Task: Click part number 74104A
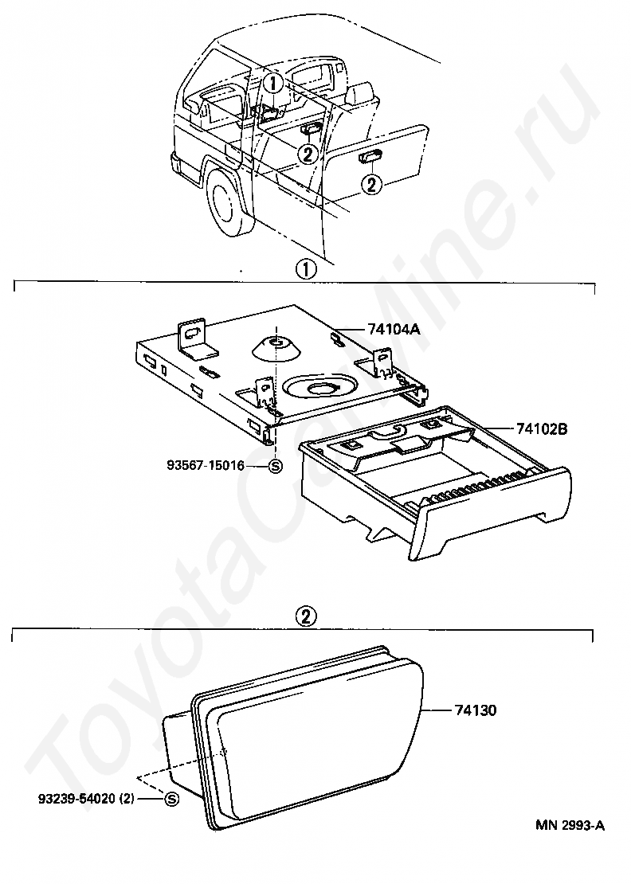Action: pyautogui.click(x=393, y=329)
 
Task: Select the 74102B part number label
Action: pyautogui.click(x=541, y=429)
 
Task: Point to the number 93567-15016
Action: pyautogui.click(x=206, y=465)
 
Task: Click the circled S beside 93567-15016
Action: pyautogui.click(x=275, y=466)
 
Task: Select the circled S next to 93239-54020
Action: pyautogui.click(x=170, y=798)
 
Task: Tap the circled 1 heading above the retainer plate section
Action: pyautogui.click(x=306, y=268)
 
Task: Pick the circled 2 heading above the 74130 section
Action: pyautogui.click(x=306, y=616)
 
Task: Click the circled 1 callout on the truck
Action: pyautogui.click(x=272, y=83)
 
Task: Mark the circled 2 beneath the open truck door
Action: pyautogui.click(x=372, y=184)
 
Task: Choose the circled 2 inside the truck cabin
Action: pyautogui.click(x=308, y=153)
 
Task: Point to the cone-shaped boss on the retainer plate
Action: pyautogui.click(x=276, y=346)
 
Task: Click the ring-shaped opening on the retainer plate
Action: pyautogui.click(x=317, y=388)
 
